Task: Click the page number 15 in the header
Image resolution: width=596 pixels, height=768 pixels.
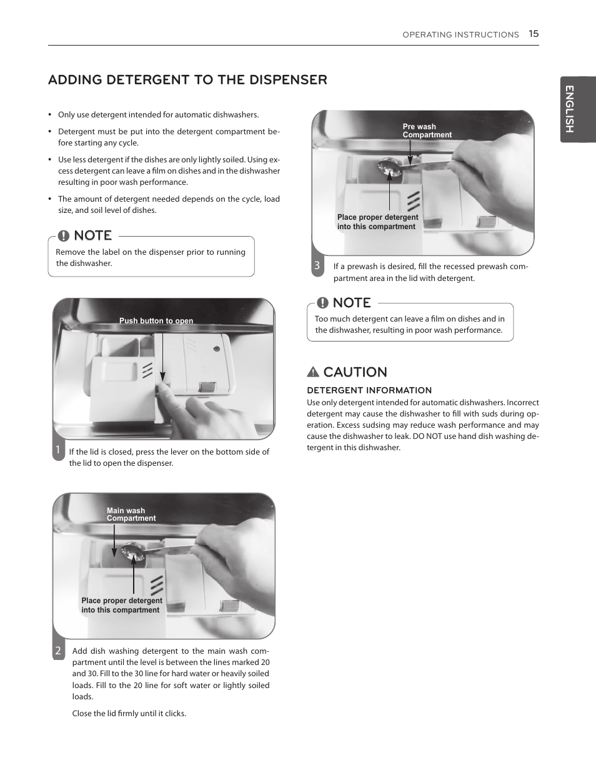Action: click(533, 34)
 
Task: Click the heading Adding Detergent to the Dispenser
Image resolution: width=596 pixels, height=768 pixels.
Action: click(187, 80)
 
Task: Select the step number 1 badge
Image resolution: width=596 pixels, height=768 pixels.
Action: click(57, 450)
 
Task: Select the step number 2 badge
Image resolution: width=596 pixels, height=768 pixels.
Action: click(58, 651)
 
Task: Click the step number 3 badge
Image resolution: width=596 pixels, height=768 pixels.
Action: click(317, 265)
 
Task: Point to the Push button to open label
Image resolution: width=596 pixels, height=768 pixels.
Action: click(156, 321)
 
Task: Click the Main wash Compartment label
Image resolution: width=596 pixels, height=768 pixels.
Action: click(130, 514)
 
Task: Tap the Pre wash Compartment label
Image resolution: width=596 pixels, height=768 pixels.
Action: click(427, 130)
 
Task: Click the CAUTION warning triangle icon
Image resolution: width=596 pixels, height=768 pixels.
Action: click(313, 372)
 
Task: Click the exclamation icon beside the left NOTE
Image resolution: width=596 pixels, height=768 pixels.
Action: click(64, 235)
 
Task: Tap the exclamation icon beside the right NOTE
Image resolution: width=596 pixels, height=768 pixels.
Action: click(322, 303)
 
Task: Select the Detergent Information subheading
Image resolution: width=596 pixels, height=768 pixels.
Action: click(369, 390)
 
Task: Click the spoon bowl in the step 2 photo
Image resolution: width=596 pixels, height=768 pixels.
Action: click(132, 550)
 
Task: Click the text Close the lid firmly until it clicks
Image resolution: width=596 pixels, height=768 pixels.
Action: click(129, 713)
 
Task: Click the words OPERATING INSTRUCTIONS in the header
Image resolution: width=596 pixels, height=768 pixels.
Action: click(460, 35)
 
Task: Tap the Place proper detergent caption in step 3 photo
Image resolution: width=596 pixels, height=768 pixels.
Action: click(377, 222)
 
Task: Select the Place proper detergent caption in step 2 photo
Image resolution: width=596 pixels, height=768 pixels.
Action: click(121, 605)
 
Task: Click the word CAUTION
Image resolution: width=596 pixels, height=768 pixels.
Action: click(355, 372)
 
